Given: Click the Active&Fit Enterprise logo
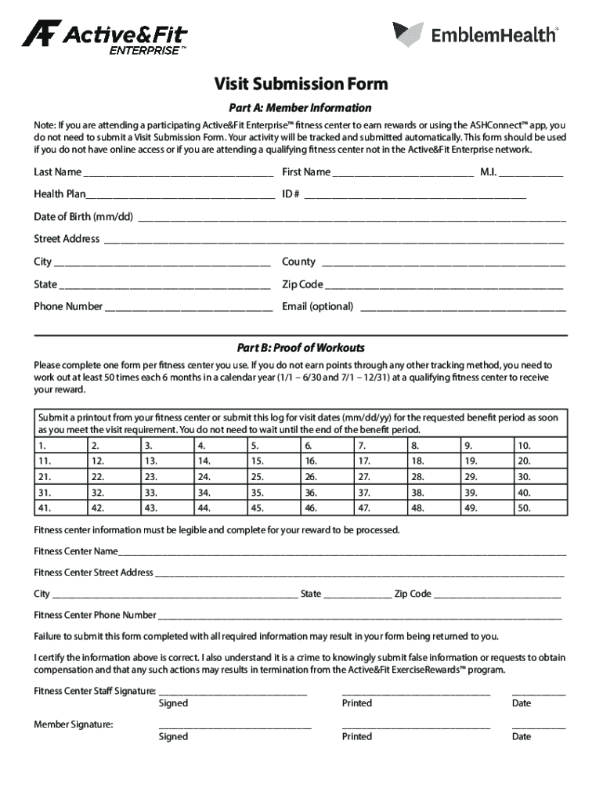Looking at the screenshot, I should (103, 37).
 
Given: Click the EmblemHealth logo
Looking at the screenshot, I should (476, 34).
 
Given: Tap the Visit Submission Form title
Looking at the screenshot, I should (301, 84).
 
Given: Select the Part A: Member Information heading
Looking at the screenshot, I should (301, 107).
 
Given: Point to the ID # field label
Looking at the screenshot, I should (291, 193).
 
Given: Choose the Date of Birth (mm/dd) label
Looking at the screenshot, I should (83, 216).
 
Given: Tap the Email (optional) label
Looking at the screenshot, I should (317, 306).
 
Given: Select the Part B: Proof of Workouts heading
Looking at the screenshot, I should (301, 348).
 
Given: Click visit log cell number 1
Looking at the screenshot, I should (60, 446).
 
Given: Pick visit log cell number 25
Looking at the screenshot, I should (272, 476).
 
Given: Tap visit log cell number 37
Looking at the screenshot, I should (379, 493).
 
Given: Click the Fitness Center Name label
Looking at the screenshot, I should (76, 551).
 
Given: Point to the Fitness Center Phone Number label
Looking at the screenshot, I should (95, 615).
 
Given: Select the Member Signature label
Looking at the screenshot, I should (74, 724).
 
